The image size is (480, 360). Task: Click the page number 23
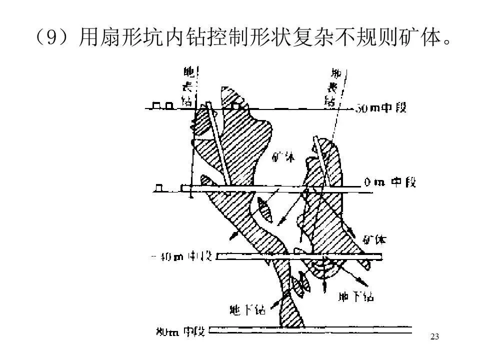pos(434,336)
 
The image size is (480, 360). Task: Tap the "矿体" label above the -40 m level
pos(374,239)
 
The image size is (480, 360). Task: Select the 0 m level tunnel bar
pos(270,189)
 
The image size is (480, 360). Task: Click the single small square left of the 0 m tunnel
pos(160,188)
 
